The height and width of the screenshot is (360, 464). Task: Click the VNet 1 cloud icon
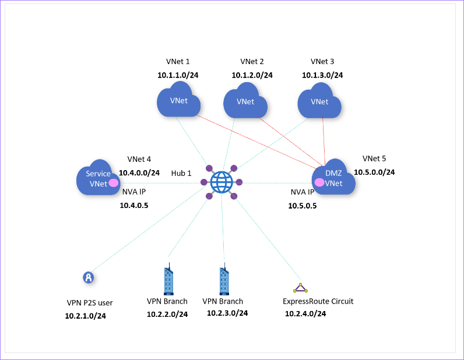[178, 100]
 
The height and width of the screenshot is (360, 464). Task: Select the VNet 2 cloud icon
[245, 101]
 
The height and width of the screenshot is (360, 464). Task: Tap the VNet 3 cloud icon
[319, 101]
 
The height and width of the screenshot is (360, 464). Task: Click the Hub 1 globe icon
[221, 182]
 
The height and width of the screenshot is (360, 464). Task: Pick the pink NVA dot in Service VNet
[114, 183]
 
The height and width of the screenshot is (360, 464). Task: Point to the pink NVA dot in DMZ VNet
[319, 182]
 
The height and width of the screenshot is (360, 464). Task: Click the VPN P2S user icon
[88, 277]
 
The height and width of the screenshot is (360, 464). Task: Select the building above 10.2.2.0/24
[168, 280]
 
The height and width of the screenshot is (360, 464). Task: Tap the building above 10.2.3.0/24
[224, 281]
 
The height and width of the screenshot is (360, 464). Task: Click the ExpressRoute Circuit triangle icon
[300, 288]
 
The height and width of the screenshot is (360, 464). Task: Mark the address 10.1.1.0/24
[178, 75]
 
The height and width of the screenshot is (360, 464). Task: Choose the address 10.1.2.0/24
[252, 75]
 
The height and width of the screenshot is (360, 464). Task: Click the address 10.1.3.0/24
[322, 75]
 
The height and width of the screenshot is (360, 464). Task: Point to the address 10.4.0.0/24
[139, 173]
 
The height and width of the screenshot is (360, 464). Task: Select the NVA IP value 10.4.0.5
[134, 205]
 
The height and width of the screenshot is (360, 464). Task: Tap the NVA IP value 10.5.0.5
[303, 206]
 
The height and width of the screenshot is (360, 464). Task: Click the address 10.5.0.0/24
[374, 172]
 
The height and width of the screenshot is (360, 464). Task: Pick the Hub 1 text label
[181, 174]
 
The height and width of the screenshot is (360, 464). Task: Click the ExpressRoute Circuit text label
[318, 301]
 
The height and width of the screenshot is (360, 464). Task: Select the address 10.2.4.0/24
[305, 314]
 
